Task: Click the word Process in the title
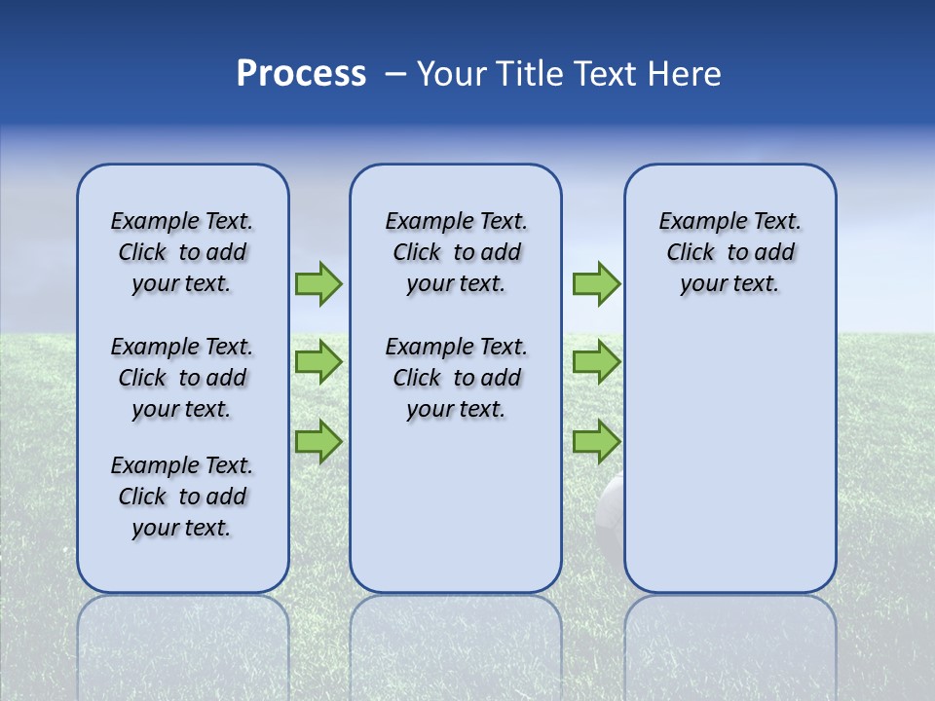coord(301,74)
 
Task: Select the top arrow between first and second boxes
coord(318,284)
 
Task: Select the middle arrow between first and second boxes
coord(318,362)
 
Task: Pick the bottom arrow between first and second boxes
coord(318,442)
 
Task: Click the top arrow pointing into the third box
coord(596,284)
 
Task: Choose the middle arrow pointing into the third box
coord(596,362)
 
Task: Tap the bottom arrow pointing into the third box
coord(596,442)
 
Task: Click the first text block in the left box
coord(182,252)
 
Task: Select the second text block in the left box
coord(182,378)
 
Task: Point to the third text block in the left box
coord(182,497)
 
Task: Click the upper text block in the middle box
coord(456,252)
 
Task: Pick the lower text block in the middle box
coord(456,378)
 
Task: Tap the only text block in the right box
coord(729,252)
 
